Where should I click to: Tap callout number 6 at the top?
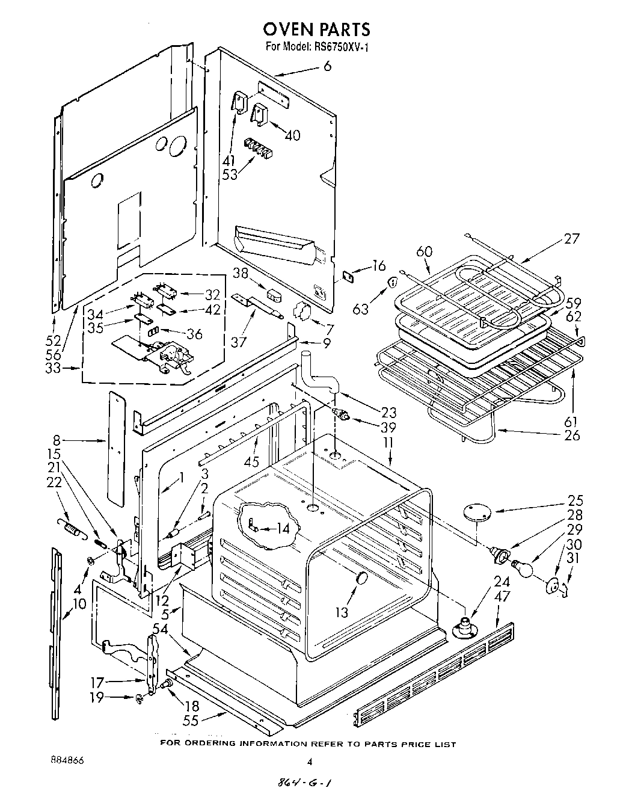pos(327,67)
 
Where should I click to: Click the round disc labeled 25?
pos(477,512)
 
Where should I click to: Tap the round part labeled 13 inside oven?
pos(362,578)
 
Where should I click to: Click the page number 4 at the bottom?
pos(310,762)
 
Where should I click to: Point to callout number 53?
pos(229,174)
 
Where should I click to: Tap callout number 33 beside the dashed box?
pos(53,368)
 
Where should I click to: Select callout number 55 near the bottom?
pos(191,721)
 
